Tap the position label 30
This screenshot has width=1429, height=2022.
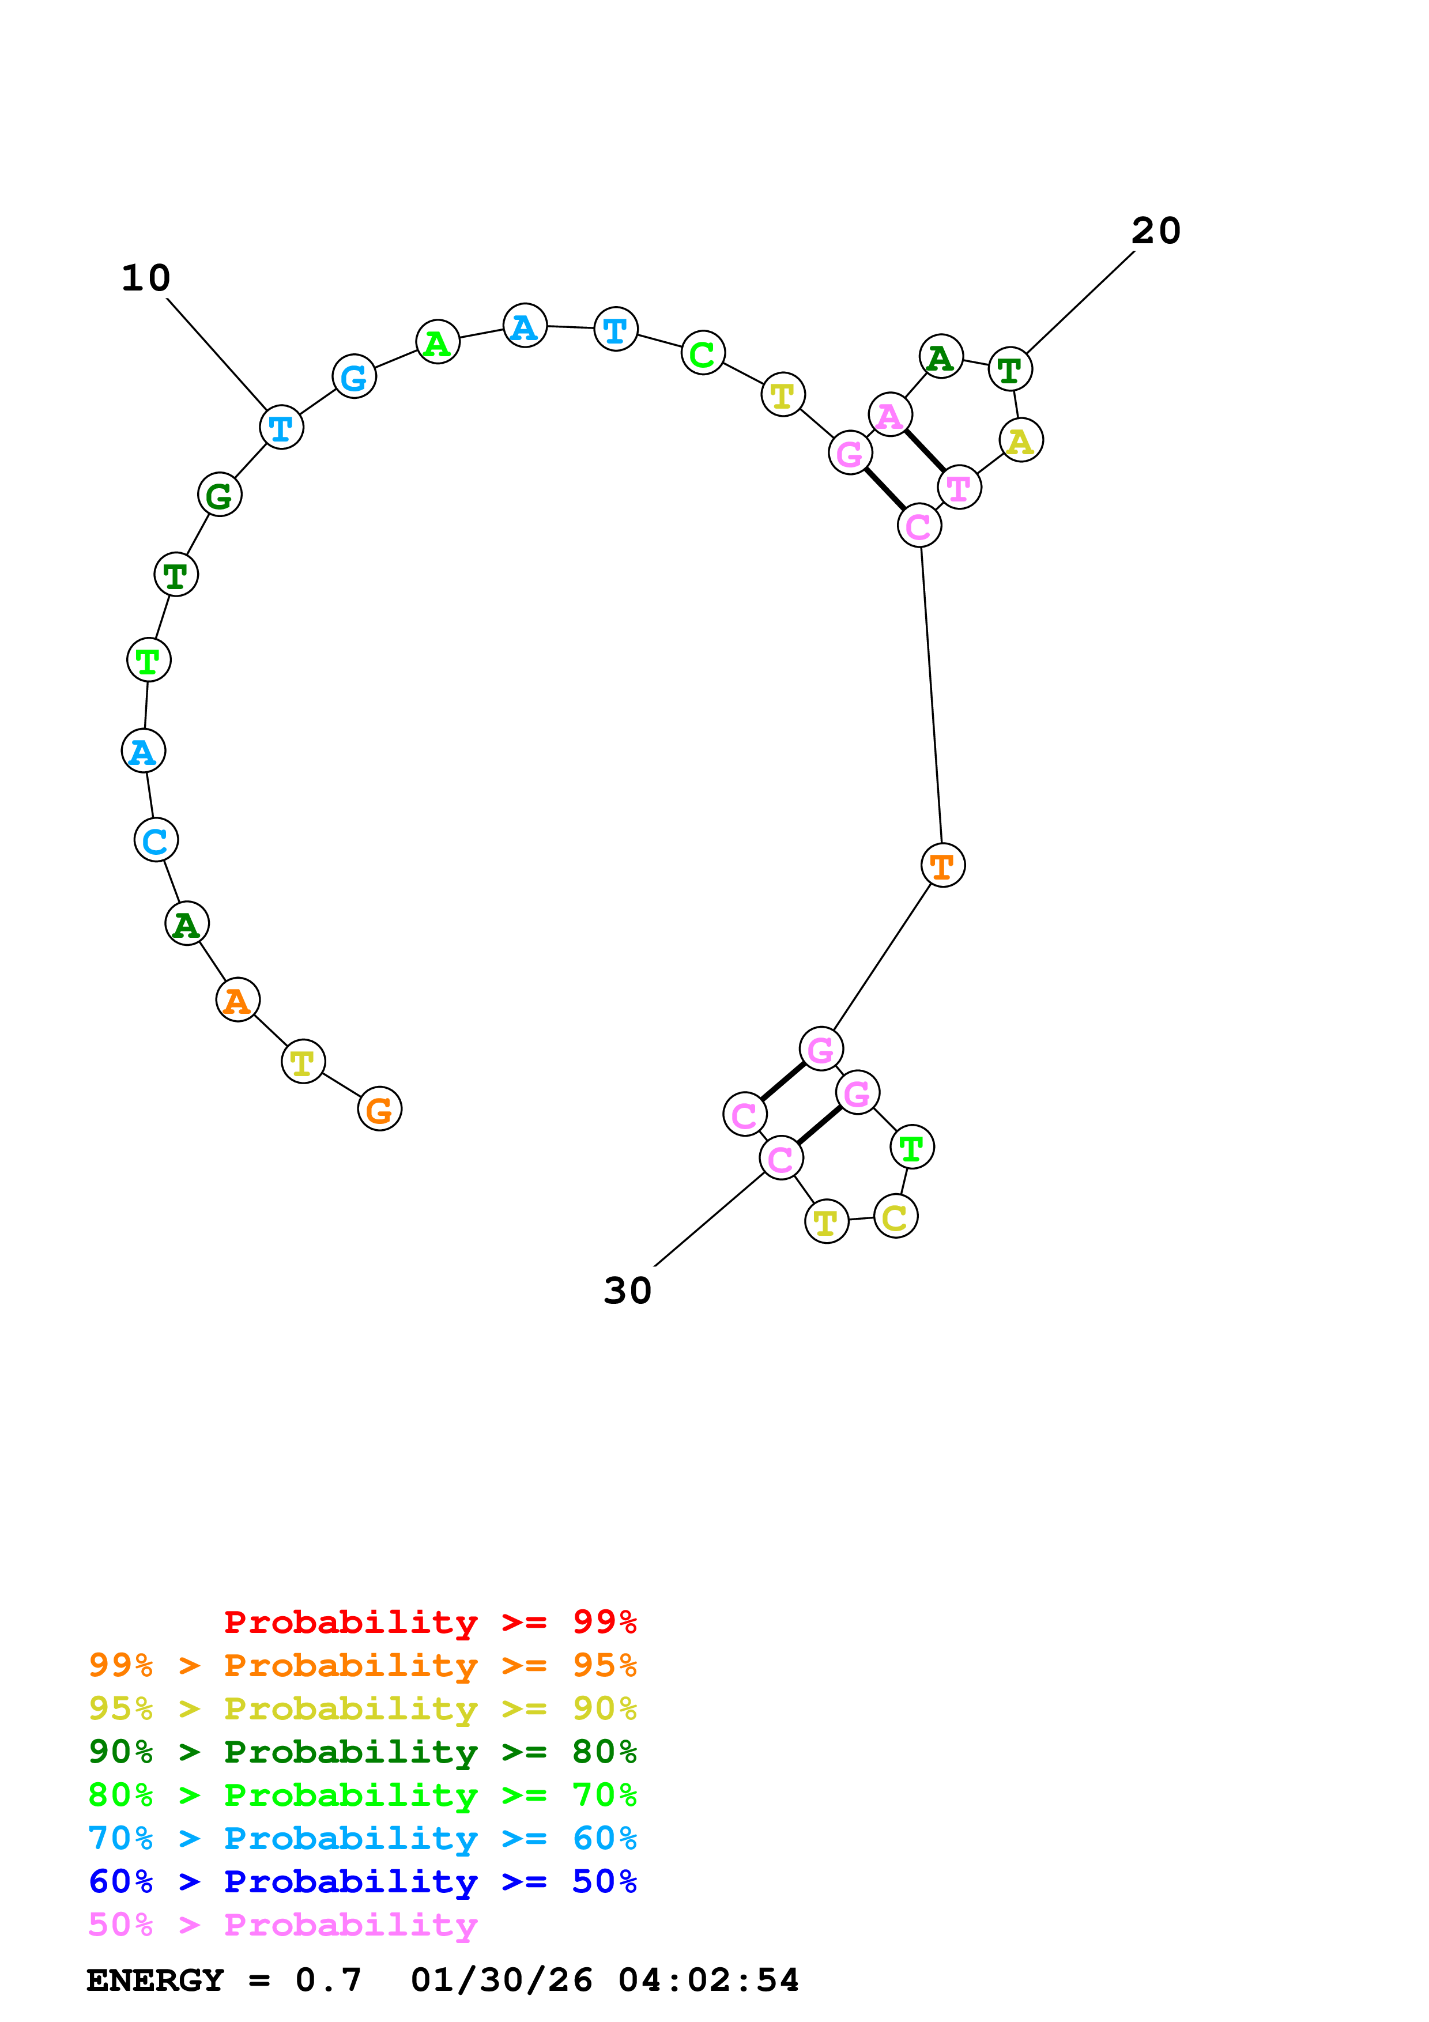pyautogui.click(x=627, y=1291)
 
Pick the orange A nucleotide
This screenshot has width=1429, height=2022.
pyautogui.click(x=237, y=1001)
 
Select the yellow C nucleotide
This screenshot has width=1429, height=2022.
pyautogui.click(x=895, y=1217)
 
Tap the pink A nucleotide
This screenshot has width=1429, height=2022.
pyautogui.click(x=890, y=415)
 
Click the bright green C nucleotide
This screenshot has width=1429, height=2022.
pyautogui.click(x=703, y=353)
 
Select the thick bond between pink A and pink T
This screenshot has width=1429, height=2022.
pyautogui.click(x=925, y=451)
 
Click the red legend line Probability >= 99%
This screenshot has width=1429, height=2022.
pyautogui.click(x=429, y=1622)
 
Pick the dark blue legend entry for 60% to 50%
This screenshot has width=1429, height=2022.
pyautogui.click(x=362, y=1881)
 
